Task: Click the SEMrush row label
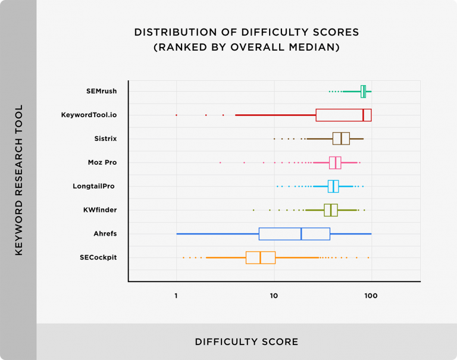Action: (101, 91)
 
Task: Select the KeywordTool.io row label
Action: (89, 115)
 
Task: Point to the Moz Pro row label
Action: (102, 162)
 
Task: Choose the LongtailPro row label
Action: (93, 186)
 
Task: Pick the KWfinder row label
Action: (100, 210)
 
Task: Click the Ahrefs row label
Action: (105, 234)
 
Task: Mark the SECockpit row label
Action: (98, 258)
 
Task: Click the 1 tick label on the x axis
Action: (176, 295)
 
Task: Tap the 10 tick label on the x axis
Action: (274, 295)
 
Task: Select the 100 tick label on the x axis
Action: (371, 295)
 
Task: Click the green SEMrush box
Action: (364, 91)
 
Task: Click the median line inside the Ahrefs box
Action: (301, 234)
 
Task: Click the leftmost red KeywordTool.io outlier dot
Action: (176, 115)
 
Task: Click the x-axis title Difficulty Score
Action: (246, 342)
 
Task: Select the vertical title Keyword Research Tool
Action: (18, 180)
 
